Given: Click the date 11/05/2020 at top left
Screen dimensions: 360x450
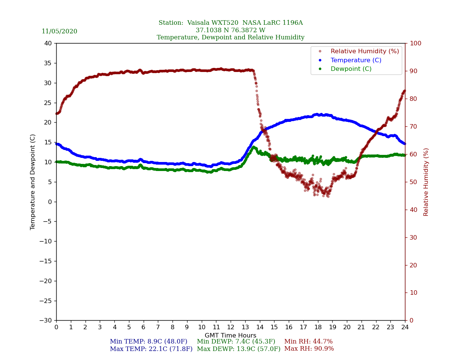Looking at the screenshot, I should (x=59, y=31).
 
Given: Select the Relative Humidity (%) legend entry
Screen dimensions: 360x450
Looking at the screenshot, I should (x=364, y=51).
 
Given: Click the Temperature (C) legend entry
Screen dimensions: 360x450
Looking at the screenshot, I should (x=355, y=60).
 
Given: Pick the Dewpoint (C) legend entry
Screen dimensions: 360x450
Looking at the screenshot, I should (x=351, y=69).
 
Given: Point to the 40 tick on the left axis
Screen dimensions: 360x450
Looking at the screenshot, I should (x=48, y=43).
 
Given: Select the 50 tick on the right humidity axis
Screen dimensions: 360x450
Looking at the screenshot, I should (x=413, y=182).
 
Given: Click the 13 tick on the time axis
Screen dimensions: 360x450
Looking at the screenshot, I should (x=245, y=327).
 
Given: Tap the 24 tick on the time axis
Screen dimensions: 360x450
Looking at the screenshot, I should (x=405, y=327).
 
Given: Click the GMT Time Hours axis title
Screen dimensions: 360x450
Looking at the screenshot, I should (x=230, y=336).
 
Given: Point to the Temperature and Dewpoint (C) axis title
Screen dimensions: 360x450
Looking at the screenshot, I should (x=33, y=182).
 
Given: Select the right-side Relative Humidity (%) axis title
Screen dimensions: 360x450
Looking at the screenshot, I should (x=426, y=182).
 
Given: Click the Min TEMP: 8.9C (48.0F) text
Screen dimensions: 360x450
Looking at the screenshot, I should (x=148, y=342).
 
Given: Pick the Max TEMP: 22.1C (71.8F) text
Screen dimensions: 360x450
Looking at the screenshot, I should (x=151, y=349).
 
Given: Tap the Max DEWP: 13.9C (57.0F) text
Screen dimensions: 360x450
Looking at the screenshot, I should (x=238, y=349).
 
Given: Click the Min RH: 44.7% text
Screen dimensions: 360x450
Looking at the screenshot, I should (x=308, y=342).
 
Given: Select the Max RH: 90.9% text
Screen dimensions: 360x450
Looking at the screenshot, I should (x=309, y=349).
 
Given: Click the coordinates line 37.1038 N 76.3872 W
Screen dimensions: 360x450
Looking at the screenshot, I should (x=230, y=30).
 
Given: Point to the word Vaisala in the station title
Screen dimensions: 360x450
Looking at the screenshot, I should (x=201, y=23).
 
